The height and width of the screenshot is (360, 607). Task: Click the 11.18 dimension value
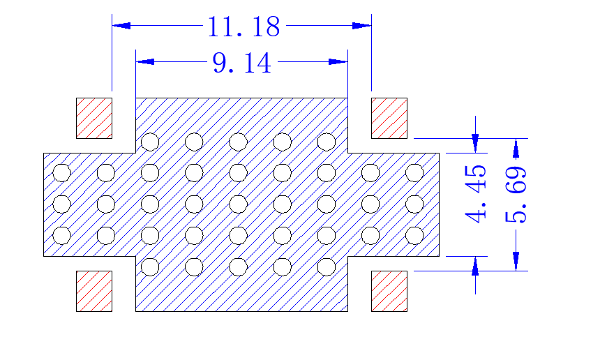coord(243,27)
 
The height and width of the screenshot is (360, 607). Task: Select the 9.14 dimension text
coord(241,63)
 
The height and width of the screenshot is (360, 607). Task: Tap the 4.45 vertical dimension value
coord(475,193)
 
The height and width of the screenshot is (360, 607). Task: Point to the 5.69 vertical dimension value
coord(516,195)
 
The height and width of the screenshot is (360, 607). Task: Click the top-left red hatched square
coord(94,118)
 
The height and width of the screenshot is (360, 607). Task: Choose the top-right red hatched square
coord(389,118)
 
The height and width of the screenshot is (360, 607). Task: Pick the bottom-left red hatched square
coord(94,291)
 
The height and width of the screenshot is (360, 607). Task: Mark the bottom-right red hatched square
coord(389,291)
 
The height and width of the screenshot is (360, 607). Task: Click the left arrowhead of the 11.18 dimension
coord(121,26)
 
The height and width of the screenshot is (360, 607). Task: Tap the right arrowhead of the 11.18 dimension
coord(362,26)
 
